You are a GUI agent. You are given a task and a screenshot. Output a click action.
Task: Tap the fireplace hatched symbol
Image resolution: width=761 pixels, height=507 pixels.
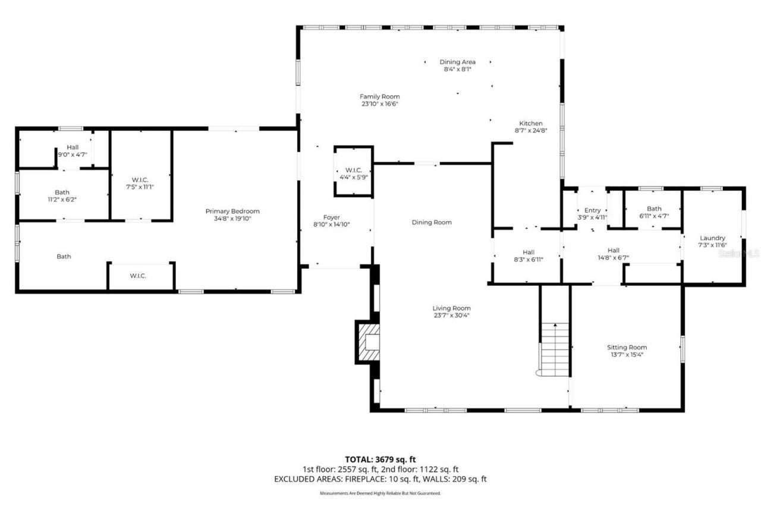(x=368, y=342)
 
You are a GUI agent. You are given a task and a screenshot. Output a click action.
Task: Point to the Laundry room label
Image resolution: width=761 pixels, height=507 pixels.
(x=712, y=238)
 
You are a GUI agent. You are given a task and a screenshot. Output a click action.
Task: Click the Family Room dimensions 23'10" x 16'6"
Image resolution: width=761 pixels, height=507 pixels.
(x=379, y=104)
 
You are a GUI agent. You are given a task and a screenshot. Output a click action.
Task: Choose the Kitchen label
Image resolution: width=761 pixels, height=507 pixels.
(x=530, y=124)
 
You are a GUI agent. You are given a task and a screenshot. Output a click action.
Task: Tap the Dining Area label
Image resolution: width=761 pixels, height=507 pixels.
(x=457, y=62)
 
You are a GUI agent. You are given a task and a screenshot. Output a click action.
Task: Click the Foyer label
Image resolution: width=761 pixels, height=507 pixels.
(x=331, y=218)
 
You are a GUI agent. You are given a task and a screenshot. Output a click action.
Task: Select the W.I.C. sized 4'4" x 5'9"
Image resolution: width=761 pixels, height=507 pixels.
(x=354, y=174)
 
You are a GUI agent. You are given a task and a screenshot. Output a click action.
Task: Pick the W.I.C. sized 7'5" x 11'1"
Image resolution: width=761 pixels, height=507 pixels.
(x=141, y=183)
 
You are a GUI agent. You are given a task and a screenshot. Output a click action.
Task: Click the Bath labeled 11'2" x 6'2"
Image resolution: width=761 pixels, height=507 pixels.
(x=62, y=196)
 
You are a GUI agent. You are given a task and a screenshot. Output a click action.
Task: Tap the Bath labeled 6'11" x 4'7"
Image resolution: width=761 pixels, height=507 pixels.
(x=654, y=212)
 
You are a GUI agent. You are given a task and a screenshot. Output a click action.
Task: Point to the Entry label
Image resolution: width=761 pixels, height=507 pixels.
(x=592, y=210)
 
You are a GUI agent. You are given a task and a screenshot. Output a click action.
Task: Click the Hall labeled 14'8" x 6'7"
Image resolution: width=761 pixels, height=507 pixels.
(x=614, y=254)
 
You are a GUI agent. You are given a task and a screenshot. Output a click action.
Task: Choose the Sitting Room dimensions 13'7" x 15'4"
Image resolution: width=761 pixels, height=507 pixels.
(x=627, y=354)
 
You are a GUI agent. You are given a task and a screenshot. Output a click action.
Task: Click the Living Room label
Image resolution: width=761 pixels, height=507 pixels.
(x=452, y=308)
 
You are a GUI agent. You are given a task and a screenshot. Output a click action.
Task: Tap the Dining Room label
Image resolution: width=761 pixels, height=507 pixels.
(x=432, y=222)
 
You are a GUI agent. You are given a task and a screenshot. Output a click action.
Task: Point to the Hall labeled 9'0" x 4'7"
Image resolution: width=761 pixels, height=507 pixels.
(x=73, y=150)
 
